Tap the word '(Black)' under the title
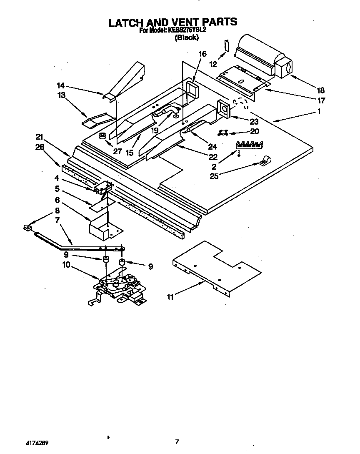[186, 37]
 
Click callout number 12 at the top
[213, 64]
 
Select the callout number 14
[61, 86]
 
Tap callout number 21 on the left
[40, 137]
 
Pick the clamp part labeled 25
[264, 161]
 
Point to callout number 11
[170, 297]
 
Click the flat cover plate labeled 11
[217, 267]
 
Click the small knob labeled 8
[27, 227]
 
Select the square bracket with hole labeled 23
[223, 110]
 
